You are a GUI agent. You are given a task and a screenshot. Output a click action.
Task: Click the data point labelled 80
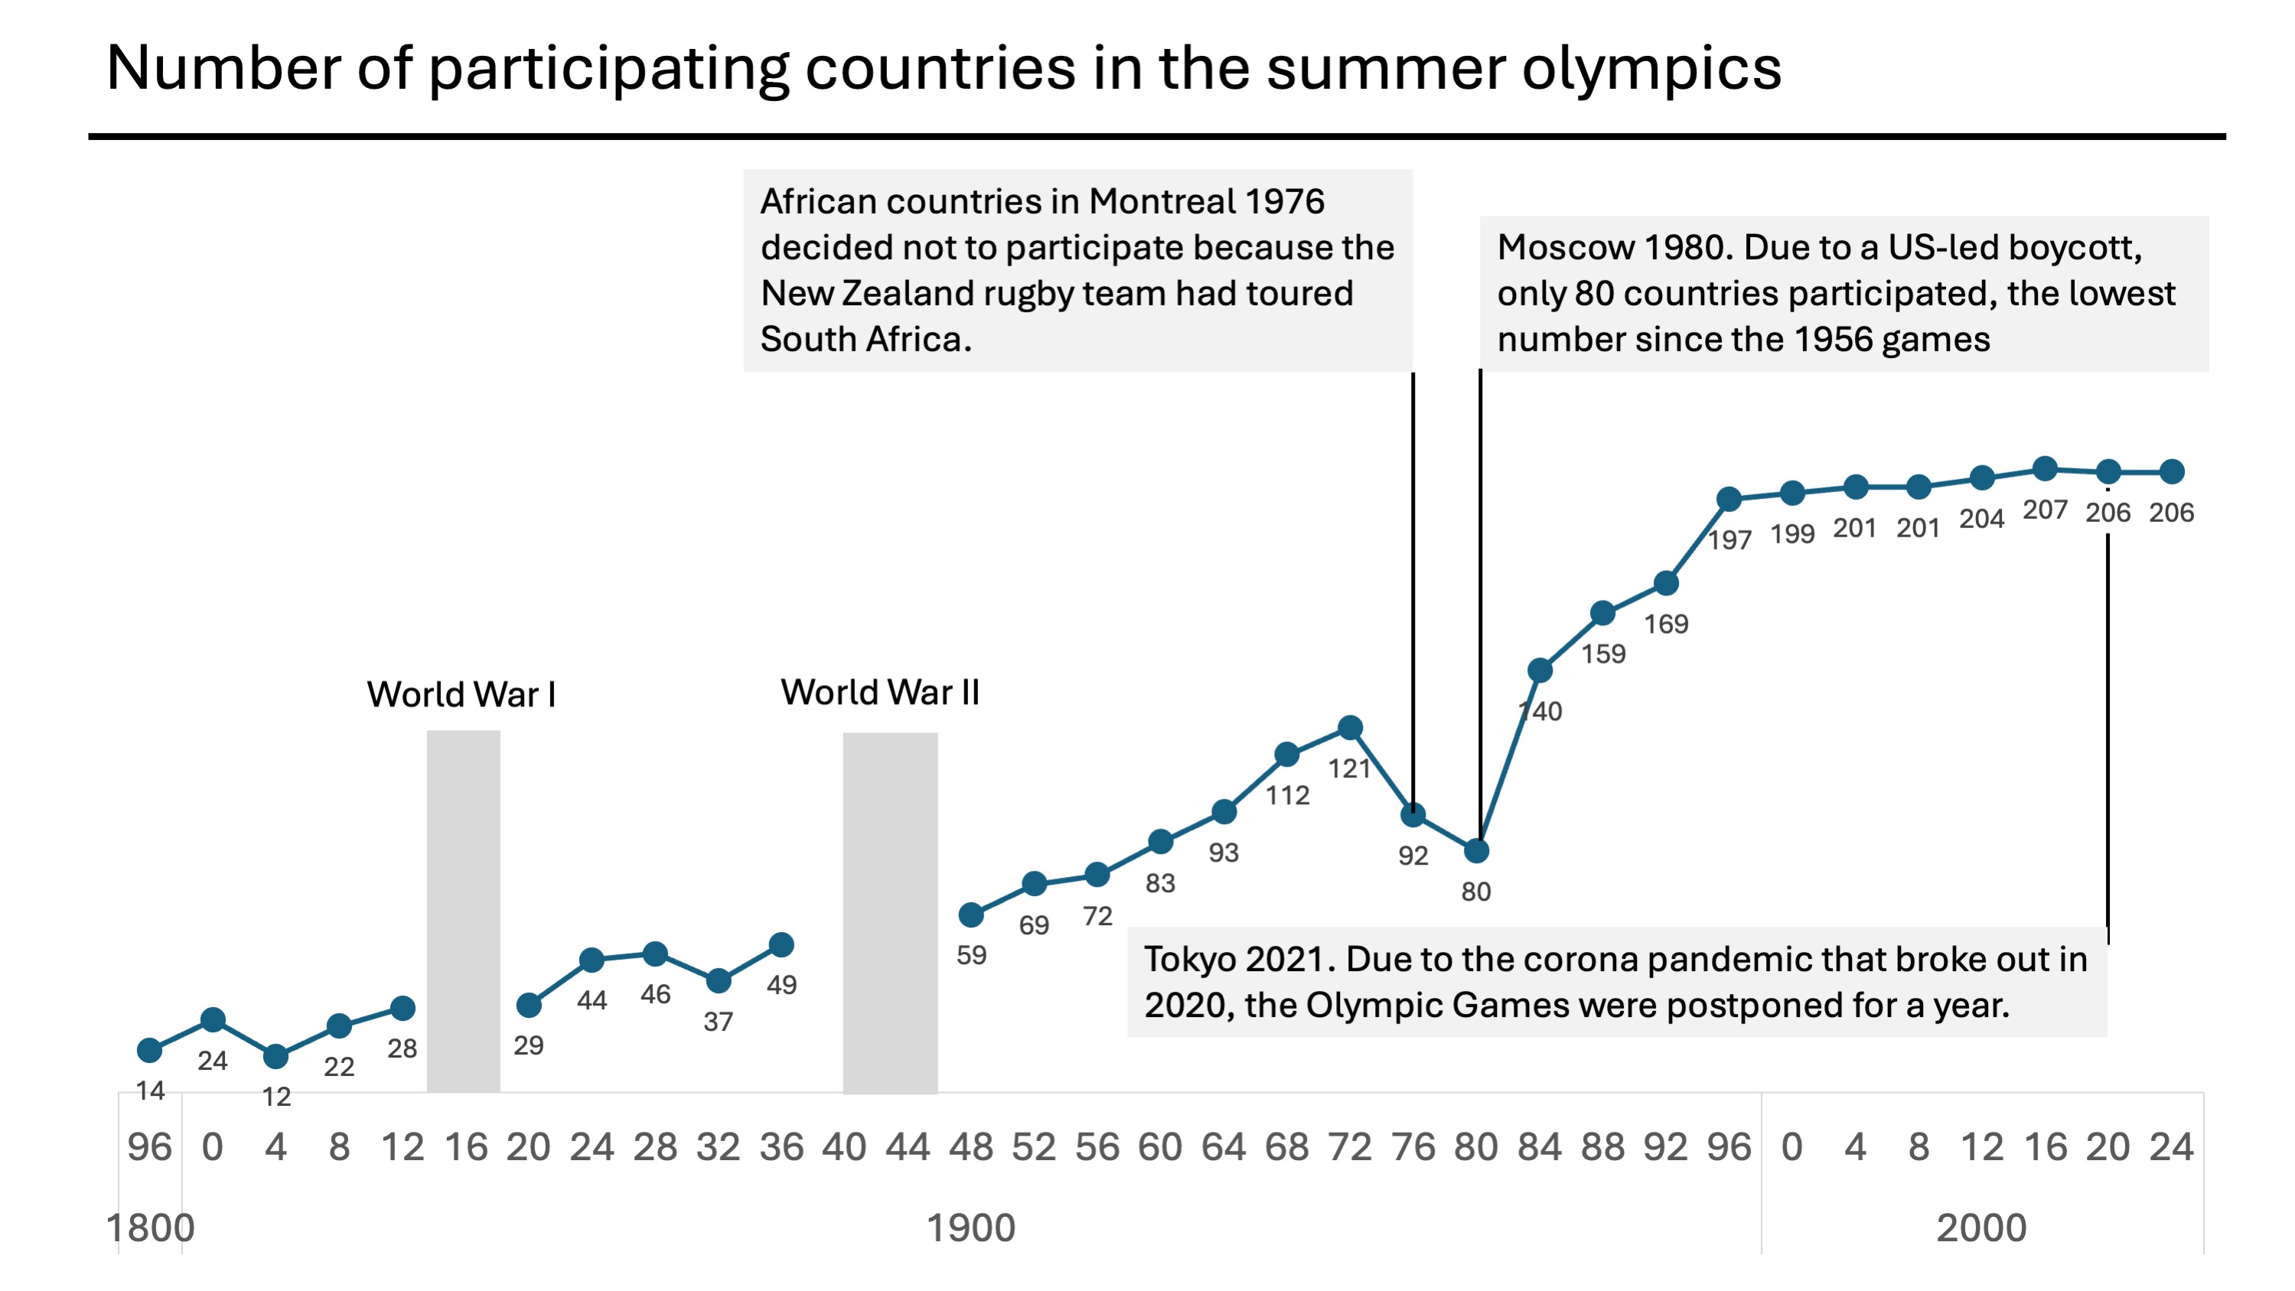pos(1476,851)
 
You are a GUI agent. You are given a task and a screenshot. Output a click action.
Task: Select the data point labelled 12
pos(276,1057)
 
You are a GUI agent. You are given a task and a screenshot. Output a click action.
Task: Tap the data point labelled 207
pos(2045,468)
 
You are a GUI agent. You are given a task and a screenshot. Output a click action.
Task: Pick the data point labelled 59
pos(971,914)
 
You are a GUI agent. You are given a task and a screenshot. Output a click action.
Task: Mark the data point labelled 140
pos(1540,670)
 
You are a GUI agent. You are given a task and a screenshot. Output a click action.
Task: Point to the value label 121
pos(1349,769)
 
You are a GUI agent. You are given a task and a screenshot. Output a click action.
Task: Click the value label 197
pos(1729,540)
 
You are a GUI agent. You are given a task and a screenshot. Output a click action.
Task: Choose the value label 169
pos(1666,624)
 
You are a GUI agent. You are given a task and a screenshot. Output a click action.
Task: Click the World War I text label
pos(461,694)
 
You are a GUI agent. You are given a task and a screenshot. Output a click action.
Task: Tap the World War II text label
pos(880,693)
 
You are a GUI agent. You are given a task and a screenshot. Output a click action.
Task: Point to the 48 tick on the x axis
pos(970,1146)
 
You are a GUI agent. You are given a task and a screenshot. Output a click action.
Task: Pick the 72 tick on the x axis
pos(1350,1146)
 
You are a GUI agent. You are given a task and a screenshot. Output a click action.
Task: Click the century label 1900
pos(971,1227)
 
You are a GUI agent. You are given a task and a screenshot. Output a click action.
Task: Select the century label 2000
pos(1981,1227)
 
